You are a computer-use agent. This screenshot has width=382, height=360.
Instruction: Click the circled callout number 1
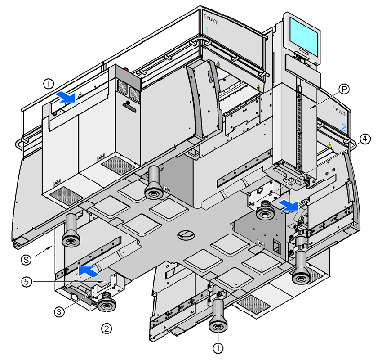tap(218, 348)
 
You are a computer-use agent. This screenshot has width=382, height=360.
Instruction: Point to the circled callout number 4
tap(365, 139)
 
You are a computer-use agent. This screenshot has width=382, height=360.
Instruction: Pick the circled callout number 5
tap(27, 282)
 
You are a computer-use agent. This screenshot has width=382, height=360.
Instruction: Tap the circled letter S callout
tap(27, 259)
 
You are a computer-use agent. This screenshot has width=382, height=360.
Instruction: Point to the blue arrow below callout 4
tap(288, 206)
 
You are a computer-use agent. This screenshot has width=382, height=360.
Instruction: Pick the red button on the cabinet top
tap(125, 70)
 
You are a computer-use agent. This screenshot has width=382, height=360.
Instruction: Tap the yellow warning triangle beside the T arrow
tap(80, 94)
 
